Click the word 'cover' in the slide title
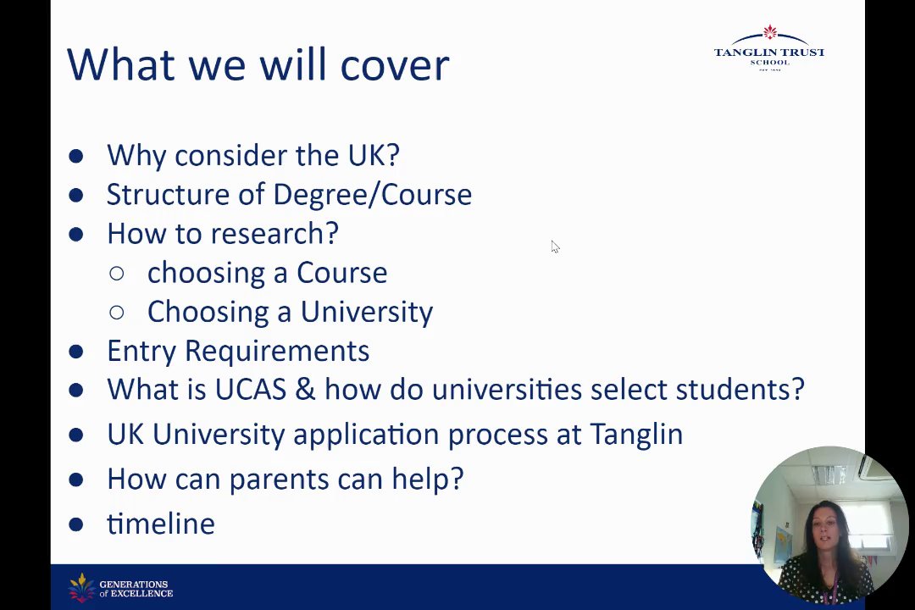pos(395,64)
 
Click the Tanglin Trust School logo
pos(769,47)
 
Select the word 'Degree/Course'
pos(372,194)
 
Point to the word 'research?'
pos(274,234)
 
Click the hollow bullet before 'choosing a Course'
pos(117,273)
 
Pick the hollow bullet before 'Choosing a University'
pos(117,313)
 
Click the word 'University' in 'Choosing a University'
pos(367,313)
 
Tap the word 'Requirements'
pos(277,352)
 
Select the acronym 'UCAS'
pos(251,390)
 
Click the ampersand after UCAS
pos(305,390)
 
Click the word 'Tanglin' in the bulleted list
pos(636,435)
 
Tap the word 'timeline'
pos(161,524)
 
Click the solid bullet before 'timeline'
pos(76,524)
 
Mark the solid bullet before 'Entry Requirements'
pos(76,352)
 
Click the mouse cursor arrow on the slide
pos(555,247)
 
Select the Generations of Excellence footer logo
pos(121,588)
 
